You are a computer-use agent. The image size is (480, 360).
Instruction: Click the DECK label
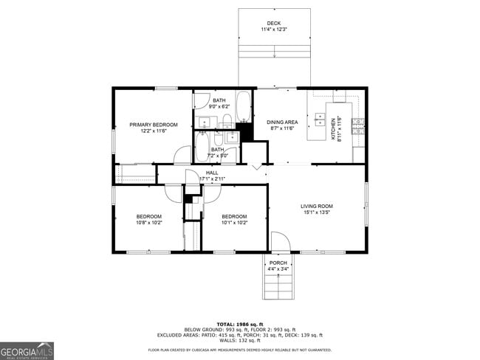pos(274,23)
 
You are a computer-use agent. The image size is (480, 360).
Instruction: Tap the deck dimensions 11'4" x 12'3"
pos(274,30)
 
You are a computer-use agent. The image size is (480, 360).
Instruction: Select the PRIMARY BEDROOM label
pos(154,125)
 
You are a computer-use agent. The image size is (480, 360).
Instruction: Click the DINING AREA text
pos(281,122)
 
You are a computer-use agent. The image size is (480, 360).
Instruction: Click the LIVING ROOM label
pos(316,206)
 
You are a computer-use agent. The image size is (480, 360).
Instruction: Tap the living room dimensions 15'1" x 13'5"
pos(316,213)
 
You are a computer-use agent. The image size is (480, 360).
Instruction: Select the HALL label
pos(212,173)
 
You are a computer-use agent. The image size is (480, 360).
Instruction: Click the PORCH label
pos(278,263)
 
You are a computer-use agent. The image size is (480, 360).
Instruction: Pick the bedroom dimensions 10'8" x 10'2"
pos(148,222)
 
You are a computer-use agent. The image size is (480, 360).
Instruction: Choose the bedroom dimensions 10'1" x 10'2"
pos(234,222)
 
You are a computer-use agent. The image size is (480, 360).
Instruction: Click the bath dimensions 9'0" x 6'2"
pos(219,107)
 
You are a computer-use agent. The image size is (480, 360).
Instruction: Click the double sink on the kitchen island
pos(320,118)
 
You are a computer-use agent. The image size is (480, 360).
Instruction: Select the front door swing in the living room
pos(280,241)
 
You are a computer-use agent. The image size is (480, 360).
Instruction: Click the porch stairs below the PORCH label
pos(278,286)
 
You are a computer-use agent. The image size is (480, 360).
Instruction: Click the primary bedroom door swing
pos(181,154)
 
